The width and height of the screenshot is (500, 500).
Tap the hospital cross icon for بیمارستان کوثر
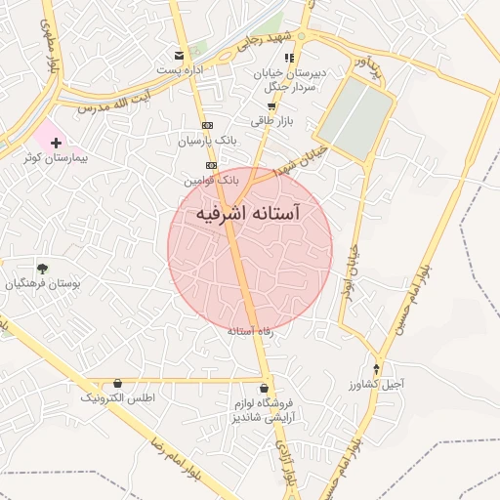tap(56, 144)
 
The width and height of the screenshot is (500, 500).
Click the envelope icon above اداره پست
tap(177, 56)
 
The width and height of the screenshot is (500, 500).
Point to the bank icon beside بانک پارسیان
tap(207, 126)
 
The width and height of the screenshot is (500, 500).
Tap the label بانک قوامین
tap(210, 181)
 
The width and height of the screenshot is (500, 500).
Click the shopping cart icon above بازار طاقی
tap(271, 105)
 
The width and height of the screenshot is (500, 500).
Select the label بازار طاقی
tap(271, 120)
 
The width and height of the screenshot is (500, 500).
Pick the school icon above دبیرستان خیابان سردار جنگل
tap(289, 59)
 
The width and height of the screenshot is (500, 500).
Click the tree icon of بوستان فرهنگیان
tap(41, 268)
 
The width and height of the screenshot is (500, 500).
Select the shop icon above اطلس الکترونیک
tap(118, 384)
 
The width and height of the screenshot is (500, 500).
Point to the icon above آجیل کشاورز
tap(376, 369)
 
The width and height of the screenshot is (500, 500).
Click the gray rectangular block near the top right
tap(353, 113)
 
